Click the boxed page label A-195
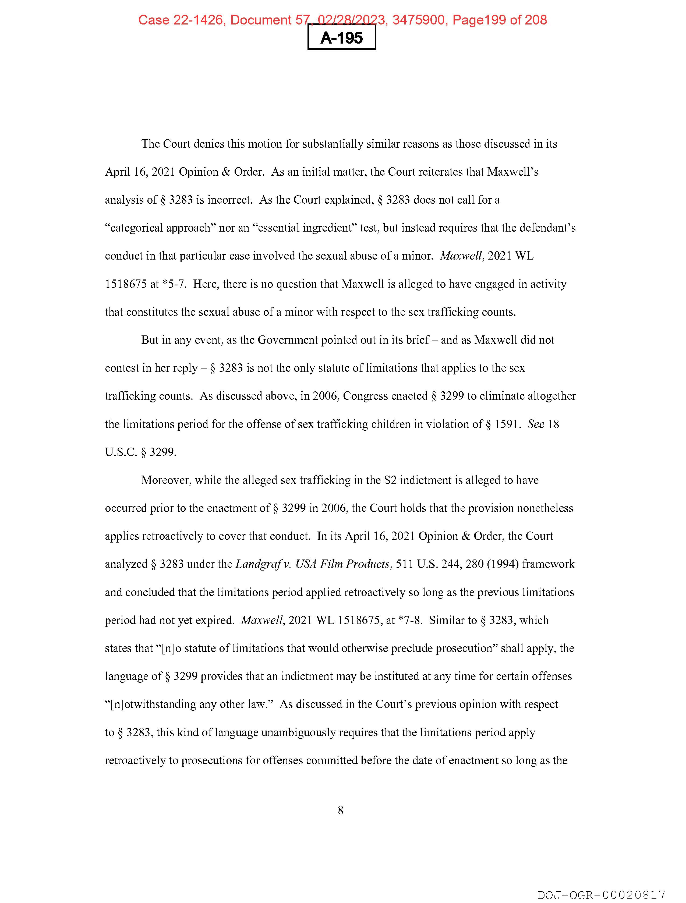pyautogui.click(x=341, y=38)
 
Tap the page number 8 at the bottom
pyautogui.click(x=341, y=810)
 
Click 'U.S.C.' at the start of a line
pyautogui.click(x=121, y=452)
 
